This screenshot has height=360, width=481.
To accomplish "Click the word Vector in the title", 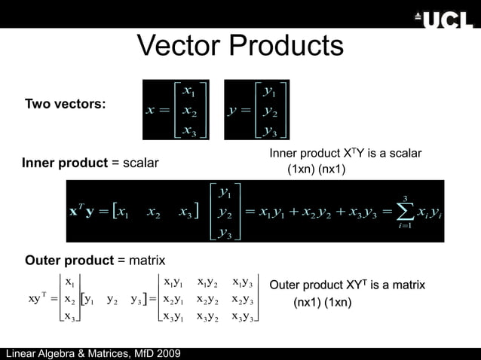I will point(180,47).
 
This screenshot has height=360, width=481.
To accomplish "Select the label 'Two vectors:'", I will point(65,104).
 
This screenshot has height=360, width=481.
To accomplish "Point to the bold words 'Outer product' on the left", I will point(69,261).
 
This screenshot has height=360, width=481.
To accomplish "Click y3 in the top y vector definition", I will point(268,131).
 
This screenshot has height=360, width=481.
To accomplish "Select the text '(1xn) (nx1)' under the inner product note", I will point(317,169).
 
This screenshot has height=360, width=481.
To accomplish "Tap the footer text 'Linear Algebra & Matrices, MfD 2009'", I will point(91,353).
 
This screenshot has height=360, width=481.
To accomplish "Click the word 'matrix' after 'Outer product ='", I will point(147,261).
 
